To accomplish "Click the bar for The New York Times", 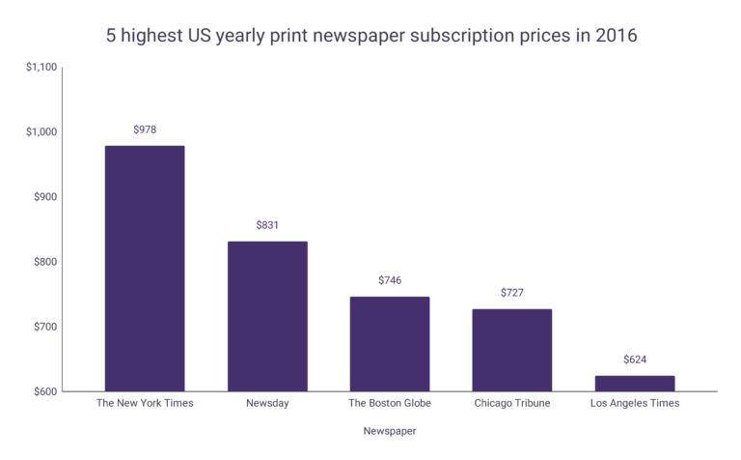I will (x=144, y=269).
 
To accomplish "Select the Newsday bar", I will (x=267, y=316).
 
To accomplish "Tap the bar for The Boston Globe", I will (x=389, y=344).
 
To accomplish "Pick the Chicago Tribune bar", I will (x=511, y=350).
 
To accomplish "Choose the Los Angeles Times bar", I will (x=634, y=384).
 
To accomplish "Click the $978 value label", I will (x=144, y=128).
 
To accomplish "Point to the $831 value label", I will (x=267, y=224).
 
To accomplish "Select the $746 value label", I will (x=389, y=280).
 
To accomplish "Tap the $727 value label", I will (x=511, y=292).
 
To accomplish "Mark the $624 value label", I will (x=634, y=359).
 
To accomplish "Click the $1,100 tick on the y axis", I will (x=41, y=67).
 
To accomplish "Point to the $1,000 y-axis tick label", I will (x=41, y=131).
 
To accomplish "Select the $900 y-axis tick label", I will (x=44, y=196).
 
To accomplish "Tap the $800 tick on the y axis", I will (x=44, y=262).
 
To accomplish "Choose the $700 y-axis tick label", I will (x=44, y=327).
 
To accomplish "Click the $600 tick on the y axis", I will (x=44, y=391).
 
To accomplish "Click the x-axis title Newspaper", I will (x=389, y=430).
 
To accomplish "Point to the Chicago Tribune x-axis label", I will (x=511, y=403).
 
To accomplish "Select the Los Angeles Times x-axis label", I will (x=634, y=403).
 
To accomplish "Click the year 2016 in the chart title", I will (x=615, y=36).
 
